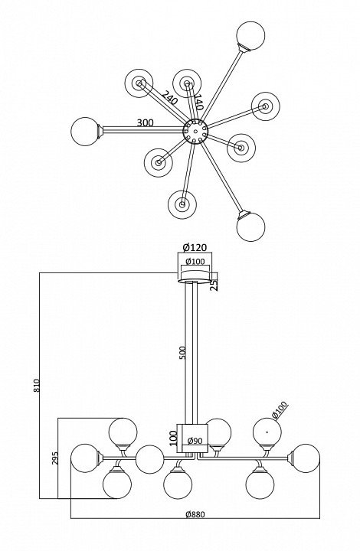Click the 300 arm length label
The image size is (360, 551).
coord(146,123)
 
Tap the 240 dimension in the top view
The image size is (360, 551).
coord(170,98)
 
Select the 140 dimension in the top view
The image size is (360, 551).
coord(198,102)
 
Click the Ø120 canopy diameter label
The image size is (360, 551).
coord(195,247)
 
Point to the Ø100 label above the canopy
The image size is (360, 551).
coord(195,262)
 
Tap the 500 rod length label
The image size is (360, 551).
coord(182,353)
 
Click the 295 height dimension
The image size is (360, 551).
coord(56,458)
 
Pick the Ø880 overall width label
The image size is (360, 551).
coord(195,514)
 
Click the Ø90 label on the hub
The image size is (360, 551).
coord(195,441)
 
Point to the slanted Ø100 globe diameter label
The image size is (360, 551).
coord(280,410)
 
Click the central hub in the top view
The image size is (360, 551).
coord(195,132)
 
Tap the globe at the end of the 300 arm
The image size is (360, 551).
coord(85,132)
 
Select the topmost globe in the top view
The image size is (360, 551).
coord(250,35)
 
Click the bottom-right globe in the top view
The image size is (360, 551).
coord(250,227)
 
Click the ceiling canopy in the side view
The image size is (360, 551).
coord(195,276)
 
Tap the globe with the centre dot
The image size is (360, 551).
coord(267,432)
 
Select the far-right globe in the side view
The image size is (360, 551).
coord(306,458)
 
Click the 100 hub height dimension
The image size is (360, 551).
coord(174,439)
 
